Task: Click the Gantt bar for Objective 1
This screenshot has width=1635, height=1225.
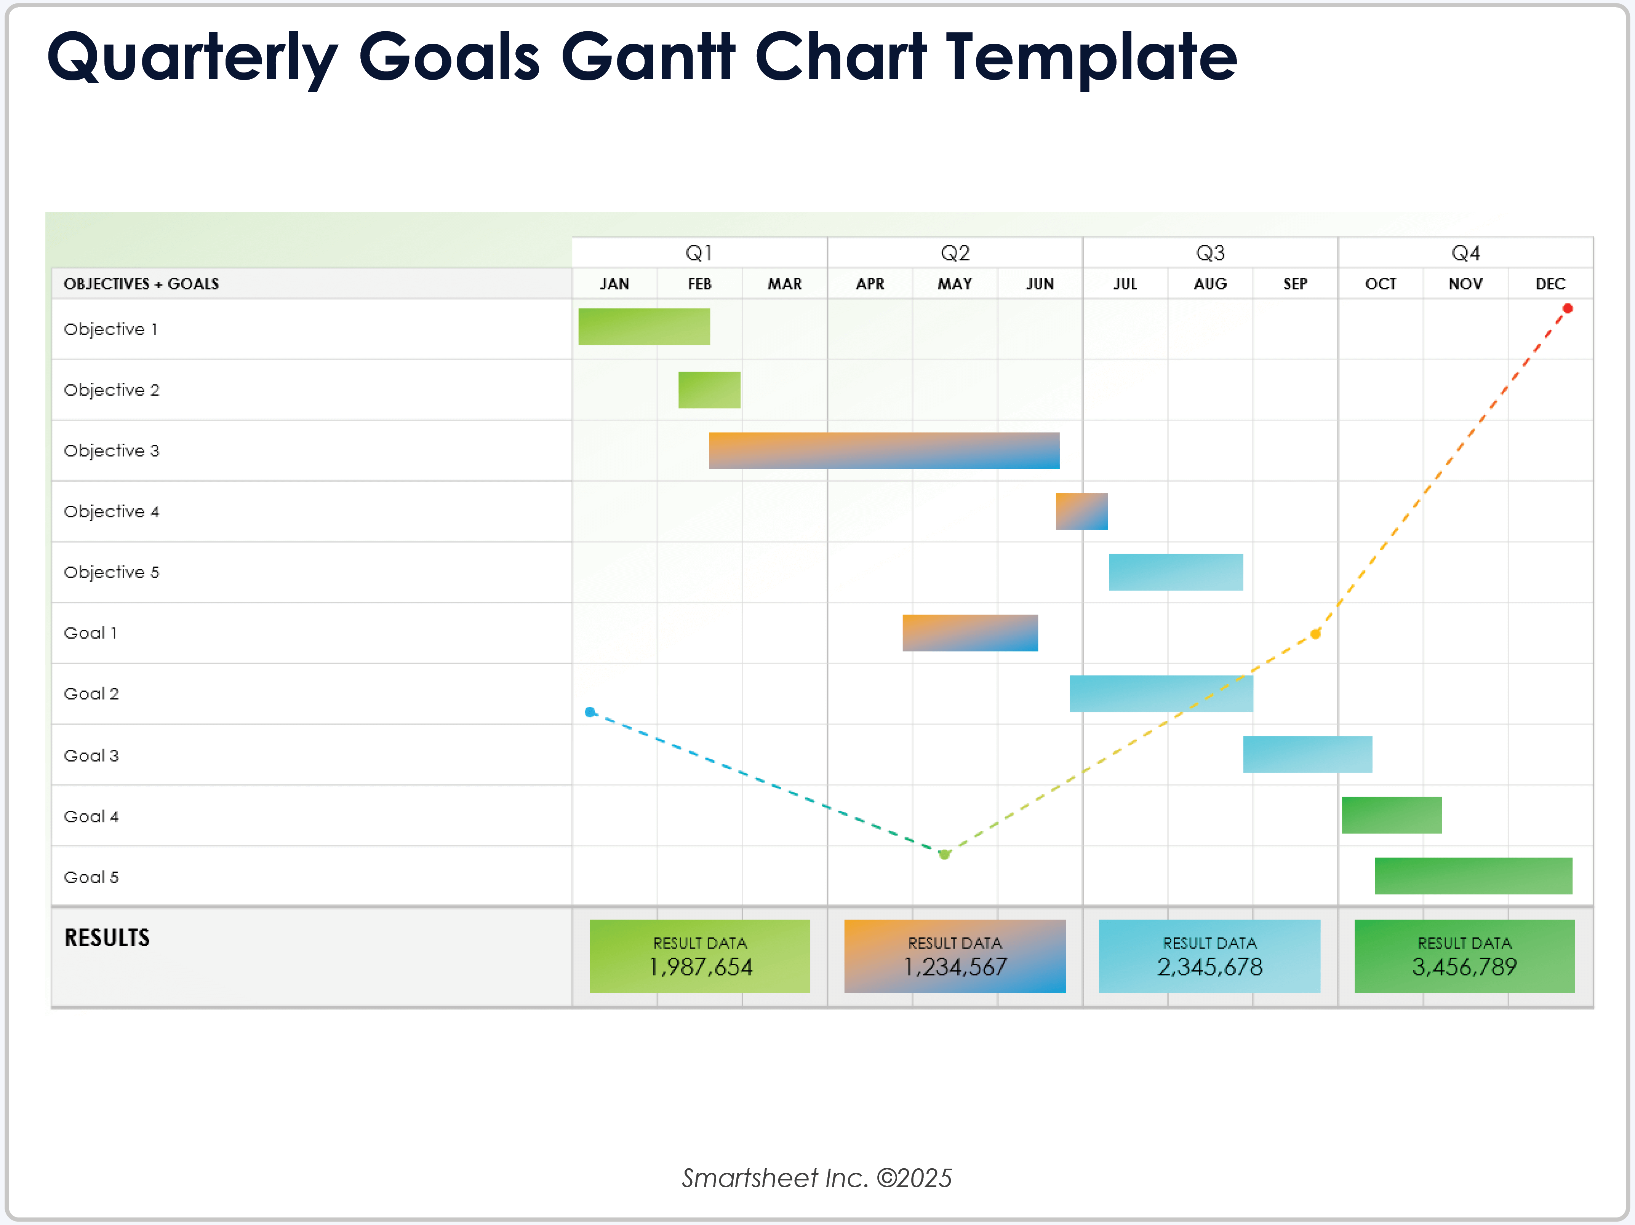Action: pos(644,327)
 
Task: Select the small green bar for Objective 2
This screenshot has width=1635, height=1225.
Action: pos(709,390)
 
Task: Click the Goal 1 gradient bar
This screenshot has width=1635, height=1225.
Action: pos(970,632)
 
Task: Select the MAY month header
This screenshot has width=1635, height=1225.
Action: pos(954,284)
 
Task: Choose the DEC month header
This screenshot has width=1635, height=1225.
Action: pos(1550,284)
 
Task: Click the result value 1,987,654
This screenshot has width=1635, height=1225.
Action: pos(700,966)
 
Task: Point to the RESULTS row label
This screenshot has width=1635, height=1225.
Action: pos(107,938)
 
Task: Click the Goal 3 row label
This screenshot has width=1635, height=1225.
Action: pos(91,755)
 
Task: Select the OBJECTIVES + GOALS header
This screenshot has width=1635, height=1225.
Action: pos(141,284)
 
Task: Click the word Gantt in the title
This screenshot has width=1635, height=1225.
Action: pos(648,57)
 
